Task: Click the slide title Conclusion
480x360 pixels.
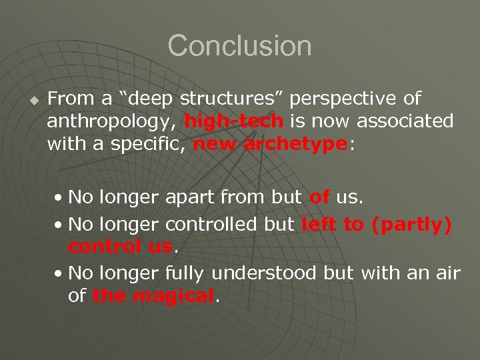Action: coord(239,46)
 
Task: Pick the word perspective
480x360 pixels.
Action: coord(345,99)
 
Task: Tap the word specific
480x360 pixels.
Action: coord(149,144)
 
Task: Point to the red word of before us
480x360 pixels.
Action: coord(319,197)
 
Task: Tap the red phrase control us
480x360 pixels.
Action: coord(120,247)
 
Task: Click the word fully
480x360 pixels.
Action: coord(187,273)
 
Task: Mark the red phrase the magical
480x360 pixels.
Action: coord(154,295)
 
